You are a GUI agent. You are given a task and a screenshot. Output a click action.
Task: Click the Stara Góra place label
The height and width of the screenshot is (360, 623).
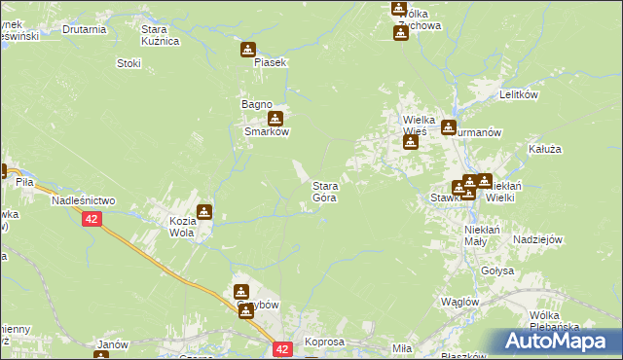point(324,192)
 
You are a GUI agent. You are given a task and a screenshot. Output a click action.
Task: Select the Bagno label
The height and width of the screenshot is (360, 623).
point(256,104)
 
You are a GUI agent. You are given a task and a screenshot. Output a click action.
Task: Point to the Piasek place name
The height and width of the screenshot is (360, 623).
point(270,62)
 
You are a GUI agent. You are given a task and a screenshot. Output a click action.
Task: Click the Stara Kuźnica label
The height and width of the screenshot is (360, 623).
point(160,36)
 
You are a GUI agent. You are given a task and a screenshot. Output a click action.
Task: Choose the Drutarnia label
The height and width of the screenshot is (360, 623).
point(84,29)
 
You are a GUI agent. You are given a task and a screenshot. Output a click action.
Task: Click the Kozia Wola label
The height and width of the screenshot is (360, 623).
point(183,227)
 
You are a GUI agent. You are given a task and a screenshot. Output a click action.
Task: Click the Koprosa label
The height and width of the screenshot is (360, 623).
point(324,343)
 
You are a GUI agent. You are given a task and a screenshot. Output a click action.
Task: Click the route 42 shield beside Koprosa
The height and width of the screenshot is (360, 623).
point(282,348)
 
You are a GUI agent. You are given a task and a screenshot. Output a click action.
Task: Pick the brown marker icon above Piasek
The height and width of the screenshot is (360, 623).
point(248,49)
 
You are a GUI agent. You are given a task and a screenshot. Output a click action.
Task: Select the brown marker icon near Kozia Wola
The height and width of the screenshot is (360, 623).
point(204,211)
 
